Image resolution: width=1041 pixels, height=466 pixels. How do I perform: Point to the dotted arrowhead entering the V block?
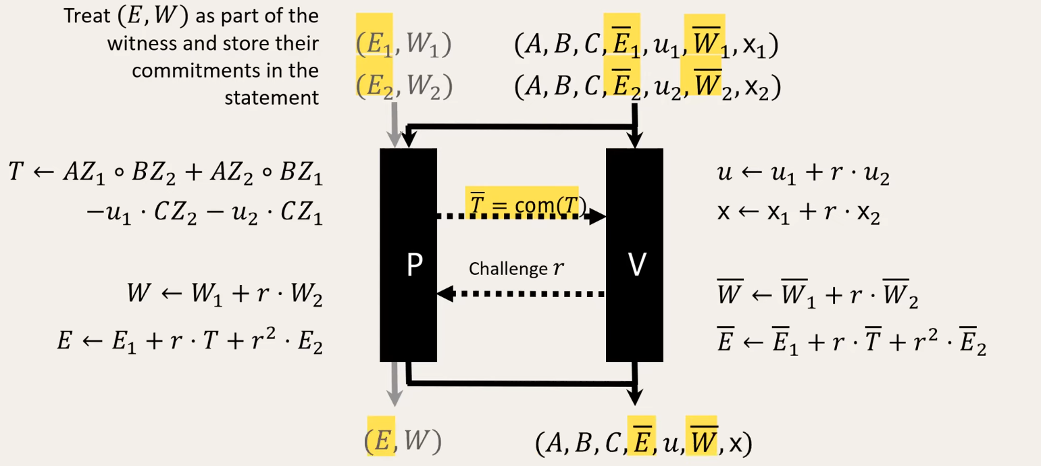pyautogui.click(x=597, y=217)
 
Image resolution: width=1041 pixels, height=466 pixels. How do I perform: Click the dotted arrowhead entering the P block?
pyautogui.click(x=446, y=294)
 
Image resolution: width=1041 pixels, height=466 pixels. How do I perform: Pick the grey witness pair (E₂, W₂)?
pyautogui.click(x=403, y=86)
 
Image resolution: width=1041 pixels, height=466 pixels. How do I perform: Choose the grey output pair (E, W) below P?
pyautogui.click(x=403, y=441)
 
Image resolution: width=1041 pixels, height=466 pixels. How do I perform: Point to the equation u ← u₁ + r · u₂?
pyautogui.click(x=803, y=174)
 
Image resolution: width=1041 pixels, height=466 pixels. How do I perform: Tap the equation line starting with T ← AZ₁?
pyautogui.click(x=166, y=174)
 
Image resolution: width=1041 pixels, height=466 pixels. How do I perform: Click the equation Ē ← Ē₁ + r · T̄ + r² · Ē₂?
pyautogui.click(x=851, y=344)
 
